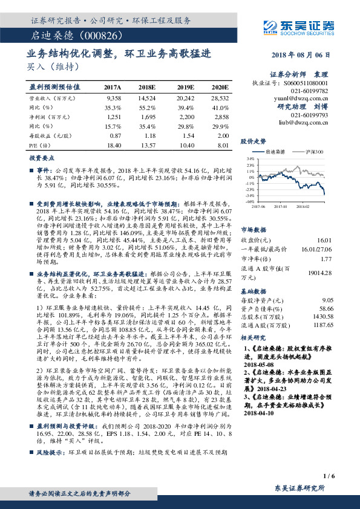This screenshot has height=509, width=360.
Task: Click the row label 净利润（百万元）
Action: point(48,117)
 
